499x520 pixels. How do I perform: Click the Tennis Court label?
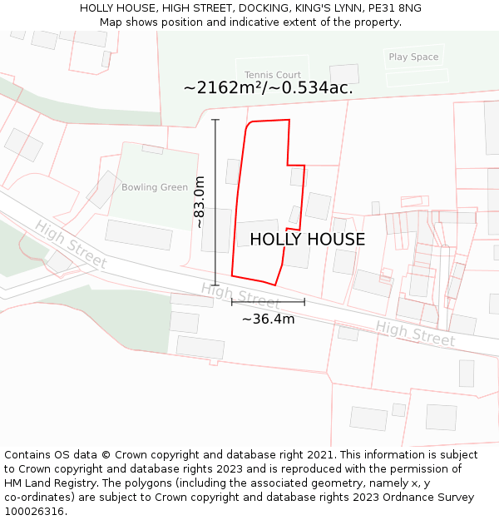pos(273,75)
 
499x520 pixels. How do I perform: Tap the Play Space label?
pos(413,57)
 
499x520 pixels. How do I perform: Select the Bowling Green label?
pos(155,187)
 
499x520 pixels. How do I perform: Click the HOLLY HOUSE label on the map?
pos(307,240)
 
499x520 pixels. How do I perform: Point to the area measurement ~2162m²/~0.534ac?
pos(268,88)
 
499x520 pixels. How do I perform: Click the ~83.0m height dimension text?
pos(200,202)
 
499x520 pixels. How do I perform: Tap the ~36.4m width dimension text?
pos(268,319)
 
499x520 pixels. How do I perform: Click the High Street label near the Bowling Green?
pos(71,244)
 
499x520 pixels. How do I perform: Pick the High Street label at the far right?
pos(415,334)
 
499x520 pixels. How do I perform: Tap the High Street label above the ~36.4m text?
pos(240,295)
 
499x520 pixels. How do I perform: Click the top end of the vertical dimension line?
pos(215,120)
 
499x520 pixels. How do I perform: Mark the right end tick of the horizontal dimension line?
pos(304,301)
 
